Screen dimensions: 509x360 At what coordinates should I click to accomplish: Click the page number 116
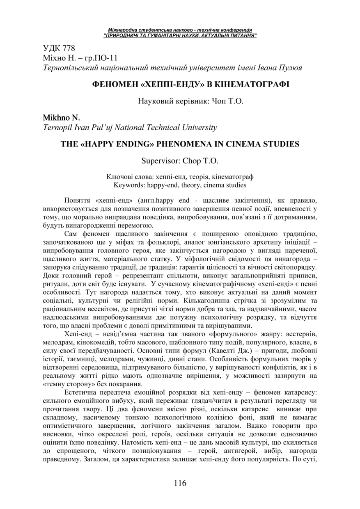180,483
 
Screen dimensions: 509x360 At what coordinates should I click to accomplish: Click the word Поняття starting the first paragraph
78,201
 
